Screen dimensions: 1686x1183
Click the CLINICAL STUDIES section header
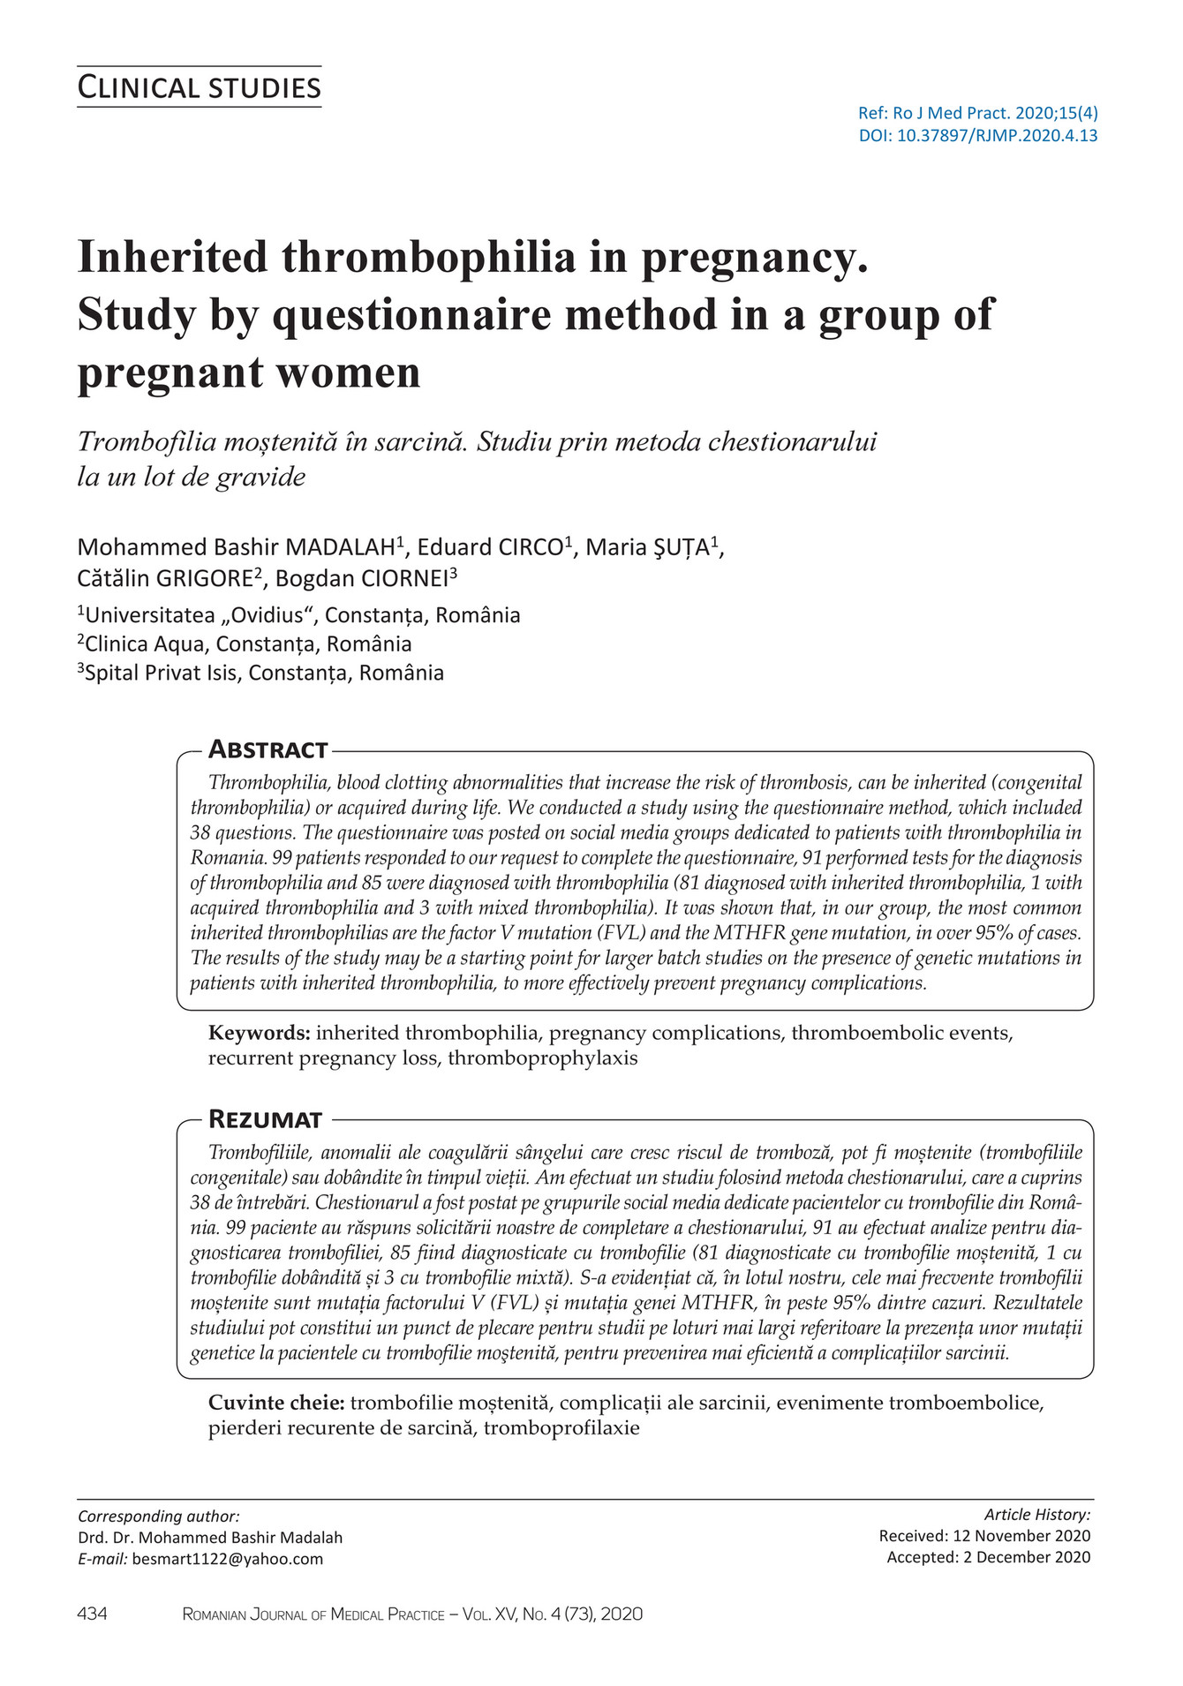(199, 88)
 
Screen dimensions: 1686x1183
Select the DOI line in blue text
(978, 136)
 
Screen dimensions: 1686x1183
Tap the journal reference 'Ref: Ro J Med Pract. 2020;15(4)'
(978, 113)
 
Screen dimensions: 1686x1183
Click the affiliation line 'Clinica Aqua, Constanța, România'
(247, 644)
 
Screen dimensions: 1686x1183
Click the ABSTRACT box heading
(267, 750)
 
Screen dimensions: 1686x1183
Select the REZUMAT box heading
(265, 1119)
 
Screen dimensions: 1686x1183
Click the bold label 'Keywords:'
(259, 1033)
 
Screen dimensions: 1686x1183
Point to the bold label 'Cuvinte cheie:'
(276, 1402)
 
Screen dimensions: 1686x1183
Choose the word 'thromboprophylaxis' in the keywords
(542, 1058)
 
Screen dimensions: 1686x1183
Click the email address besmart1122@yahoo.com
(228, 1559)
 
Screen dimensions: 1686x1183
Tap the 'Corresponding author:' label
(159, 1517)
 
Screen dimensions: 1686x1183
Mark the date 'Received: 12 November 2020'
(984, 1536)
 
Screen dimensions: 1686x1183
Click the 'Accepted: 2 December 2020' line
(988, 1557)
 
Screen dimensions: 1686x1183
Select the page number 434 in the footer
(93, 1614)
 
